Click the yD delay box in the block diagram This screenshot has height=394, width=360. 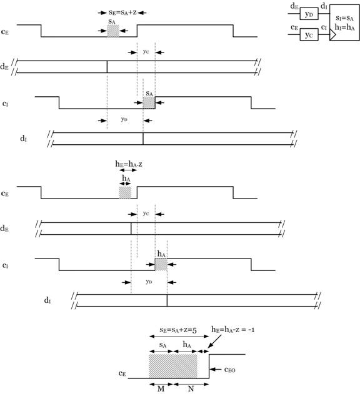tap(309, 14)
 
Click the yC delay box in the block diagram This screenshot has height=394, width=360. tap(309, 34)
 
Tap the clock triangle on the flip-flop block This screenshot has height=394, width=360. tap(332, 35)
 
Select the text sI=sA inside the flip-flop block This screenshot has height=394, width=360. tap(344, 18)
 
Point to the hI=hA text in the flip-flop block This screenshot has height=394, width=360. tap(344, 27)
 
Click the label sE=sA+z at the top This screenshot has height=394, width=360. tap(122, 12)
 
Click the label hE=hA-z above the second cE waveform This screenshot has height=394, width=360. tap(129, 164)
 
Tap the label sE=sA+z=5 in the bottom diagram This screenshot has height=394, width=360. tap(178, 330)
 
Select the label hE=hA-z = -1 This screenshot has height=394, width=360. tap(232, 329)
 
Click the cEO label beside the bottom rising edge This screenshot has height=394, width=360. tap(229, 370)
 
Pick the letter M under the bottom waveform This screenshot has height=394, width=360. tap(161, 388)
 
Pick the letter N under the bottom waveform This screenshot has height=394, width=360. tap(191, 388)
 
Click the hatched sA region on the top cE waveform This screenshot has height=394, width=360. tap(113, 31)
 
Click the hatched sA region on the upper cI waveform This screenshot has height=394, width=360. tap(149, 103)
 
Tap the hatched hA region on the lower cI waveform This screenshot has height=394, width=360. tap(161, 264)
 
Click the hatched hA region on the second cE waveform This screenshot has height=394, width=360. tap(125, 192)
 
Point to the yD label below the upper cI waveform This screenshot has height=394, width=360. tap(124, 119)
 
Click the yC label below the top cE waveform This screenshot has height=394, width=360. tap(146, 51)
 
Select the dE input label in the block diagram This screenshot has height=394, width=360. tap(294, 6)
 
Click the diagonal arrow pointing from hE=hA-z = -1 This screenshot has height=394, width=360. tap(214, 341)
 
